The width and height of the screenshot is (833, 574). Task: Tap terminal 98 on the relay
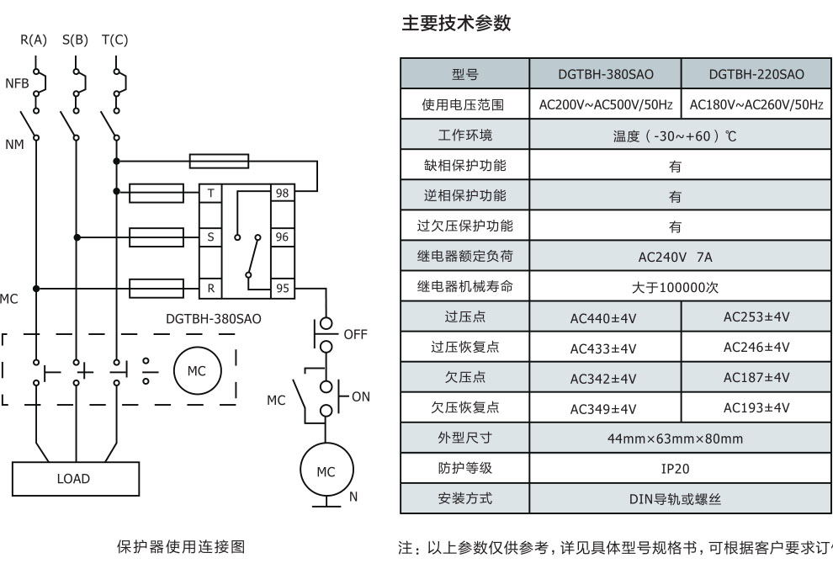tap(283, 194)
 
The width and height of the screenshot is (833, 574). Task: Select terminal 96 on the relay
tap(283, 237)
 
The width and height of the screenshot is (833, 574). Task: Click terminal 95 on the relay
tap(283, 288)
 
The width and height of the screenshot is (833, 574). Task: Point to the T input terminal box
tap(210, 194)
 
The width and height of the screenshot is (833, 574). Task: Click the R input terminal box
tap(210, 288)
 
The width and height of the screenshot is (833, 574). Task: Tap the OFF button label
tap(356, 334)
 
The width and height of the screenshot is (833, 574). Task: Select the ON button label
tap(360, 396)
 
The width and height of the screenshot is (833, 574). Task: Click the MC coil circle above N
tap(326, 472)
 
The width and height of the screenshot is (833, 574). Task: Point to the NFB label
tap(16, 83)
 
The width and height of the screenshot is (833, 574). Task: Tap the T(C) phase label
tap(114, 40)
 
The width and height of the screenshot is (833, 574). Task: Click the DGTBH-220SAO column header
tap(756, 75)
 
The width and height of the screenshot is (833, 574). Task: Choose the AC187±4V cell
tap(756, 377)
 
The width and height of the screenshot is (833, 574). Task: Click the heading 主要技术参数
tap(455, 24)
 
